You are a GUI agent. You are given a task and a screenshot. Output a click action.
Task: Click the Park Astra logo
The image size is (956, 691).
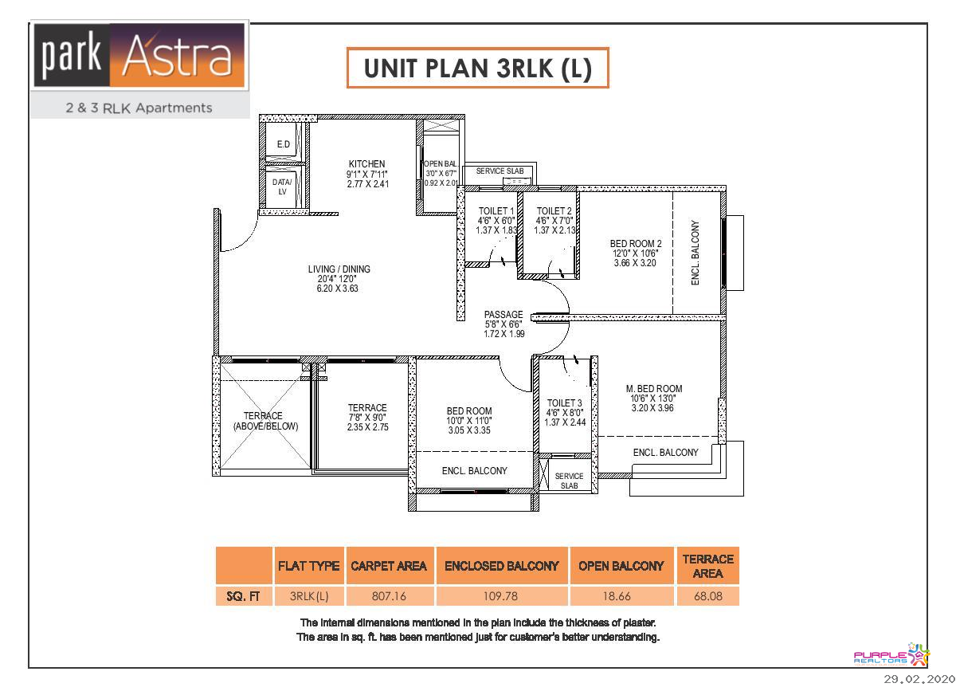pyautogui.click(x=139, y=56)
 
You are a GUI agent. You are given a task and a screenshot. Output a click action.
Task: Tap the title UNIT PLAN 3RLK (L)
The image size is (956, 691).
pyautogui.click(x=478, y=69)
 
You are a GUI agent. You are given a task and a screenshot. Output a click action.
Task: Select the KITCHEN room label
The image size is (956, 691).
pyautogui.click(x=366, y=164)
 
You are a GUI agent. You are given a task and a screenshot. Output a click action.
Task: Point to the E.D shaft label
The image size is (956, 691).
pyautogui.click(x=283, y=144)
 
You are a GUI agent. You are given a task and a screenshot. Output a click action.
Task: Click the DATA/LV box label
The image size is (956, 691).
pyautogui.click(x=282, y=186)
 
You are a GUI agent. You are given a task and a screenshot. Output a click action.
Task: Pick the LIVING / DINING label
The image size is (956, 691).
pyautogui.click(x=339, y=269)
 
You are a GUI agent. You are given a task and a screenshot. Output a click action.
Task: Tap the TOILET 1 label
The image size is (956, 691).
pyautogui.click(x=496, y=211)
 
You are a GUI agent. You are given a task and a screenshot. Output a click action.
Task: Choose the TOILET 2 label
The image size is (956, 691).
pyautogui.click(x=554, y=211)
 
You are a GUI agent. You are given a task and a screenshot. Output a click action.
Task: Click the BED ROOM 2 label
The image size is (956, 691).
pyautogui.click(x=636, y=244)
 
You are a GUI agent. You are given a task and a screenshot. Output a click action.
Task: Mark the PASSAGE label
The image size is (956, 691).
pyautogui.click(x=503, y=315)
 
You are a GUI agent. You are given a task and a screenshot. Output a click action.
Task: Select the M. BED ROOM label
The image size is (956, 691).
pyautogui.click(x=654, y=389)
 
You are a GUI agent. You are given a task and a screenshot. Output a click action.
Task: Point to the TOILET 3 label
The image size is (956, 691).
pyautogui.click(x=565, y=403)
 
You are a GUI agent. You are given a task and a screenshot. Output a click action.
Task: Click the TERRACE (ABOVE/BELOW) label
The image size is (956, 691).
pyautogui.click(x=265, y=421)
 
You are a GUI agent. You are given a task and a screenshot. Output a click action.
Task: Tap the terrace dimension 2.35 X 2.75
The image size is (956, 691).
pyautogui.click(x=367, y=427)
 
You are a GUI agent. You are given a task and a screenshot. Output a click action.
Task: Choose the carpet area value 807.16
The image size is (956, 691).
pyautogui.click(x=389, y=595)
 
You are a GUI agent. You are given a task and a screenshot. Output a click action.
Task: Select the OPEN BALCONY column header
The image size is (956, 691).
pyautogui.click(x=621, y=566)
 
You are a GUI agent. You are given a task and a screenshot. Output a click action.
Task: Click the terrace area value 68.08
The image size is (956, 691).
pyautogui.click(x=707, y=595)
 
